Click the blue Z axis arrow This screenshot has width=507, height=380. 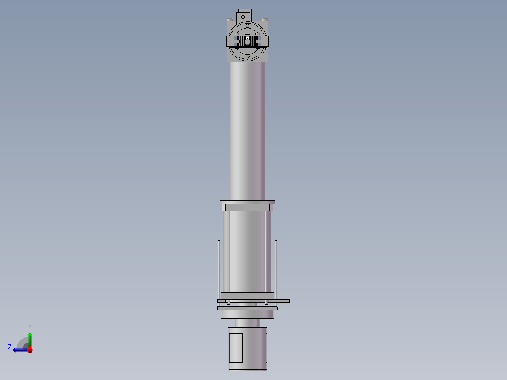19,350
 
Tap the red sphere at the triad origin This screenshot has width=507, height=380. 30,350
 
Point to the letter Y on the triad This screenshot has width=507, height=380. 30,326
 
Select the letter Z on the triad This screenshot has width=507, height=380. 9,348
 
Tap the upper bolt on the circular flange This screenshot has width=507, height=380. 247,26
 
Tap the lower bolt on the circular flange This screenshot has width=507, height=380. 247,56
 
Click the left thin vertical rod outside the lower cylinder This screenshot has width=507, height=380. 219,268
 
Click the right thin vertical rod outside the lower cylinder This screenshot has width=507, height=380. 276,268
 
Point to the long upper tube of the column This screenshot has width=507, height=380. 247,132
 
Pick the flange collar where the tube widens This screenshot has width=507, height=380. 247,206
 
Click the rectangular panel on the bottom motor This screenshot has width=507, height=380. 235,348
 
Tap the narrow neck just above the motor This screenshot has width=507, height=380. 247,323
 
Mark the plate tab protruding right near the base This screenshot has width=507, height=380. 282,301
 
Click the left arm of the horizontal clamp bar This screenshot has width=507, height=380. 233,42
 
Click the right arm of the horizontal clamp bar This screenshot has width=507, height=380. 262,42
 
